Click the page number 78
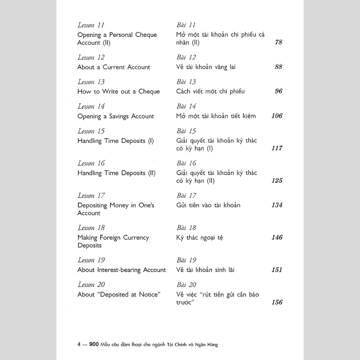tap(278, 42)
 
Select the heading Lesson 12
tap(91, 57)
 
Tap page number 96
tap(278, 91)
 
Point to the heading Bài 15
tap(186, 131)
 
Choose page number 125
tap(277, 180)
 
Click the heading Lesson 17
tap(91, 196)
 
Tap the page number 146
tap(277, 238)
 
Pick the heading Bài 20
tap(186, 285)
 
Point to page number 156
tap(277, 302)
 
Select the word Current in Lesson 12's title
tap(114, 67)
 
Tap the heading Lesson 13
tap(91, 82)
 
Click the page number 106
tap(277, 116)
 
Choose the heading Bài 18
tap(186, 228)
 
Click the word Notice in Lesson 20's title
tap(149, 295)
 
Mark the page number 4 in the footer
tap(79, 344)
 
